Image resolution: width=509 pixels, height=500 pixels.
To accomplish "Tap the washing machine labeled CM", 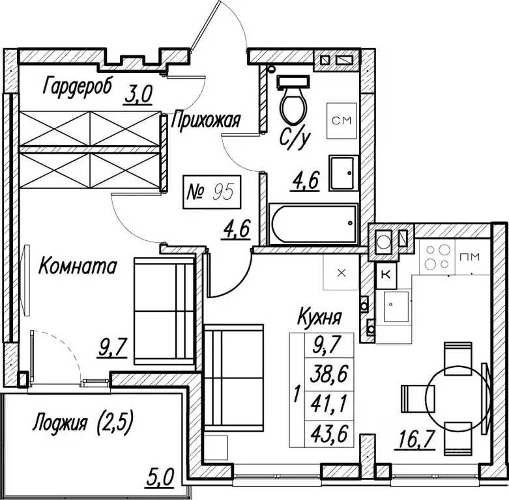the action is click(x=342, y=120).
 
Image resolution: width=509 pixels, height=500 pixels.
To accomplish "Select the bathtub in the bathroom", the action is click(x=313, y=223).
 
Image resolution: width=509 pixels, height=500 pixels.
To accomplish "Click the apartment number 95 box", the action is click(x=212, y=192).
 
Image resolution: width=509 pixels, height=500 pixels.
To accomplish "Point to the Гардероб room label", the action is click(x=78, y=86).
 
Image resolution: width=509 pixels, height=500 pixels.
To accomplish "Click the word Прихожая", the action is click(x=205, y=120).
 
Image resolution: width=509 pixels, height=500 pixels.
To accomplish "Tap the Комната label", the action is click(x=78, y=266).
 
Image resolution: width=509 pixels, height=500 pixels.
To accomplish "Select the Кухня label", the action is click(x=319, y=316).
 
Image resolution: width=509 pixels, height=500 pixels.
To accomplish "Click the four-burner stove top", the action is click(x=437, y=257).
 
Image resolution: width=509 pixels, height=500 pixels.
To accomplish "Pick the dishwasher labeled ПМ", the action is click(x=473, y=257).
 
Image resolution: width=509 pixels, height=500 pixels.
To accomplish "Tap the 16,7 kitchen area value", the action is click(x=414, y=440).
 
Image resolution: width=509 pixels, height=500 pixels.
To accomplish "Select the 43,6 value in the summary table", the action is click(x=329, y=434).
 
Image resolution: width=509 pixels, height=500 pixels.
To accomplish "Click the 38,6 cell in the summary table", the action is click(x=329, y=374).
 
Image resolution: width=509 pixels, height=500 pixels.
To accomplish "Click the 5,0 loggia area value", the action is click(x=160, y=477).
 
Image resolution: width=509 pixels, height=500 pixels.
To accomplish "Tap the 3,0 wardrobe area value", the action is click(x=138, y=94).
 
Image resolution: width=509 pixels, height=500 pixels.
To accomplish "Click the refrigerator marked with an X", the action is click(x=341, y=272).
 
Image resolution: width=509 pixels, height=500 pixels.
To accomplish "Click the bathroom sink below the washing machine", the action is click(x=343, y=173).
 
